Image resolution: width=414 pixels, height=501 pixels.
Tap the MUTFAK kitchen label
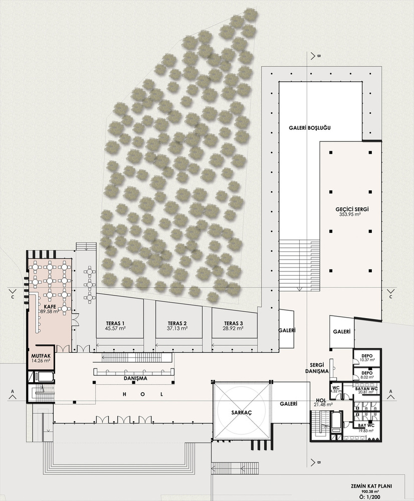(41, 356)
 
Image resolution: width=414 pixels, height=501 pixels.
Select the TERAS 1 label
(115, 323)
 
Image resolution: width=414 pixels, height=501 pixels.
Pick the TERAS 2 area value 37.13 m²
(177, 328)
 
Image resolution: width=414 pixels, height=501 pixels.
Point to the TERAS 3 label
(234, 323)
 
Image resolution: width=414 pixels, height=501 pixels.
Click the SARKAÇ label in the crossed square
(242, 412)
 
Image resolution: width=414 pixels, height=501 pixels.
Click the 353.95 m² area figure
(350, 215)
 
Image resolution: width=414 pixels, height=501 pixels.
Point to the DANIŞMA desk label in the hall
(135, 378)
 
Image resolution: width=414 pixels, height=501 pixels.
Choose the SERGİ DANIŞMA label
(319, 368)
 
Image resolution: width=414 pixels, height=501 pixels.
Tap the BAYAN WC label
(366, 389)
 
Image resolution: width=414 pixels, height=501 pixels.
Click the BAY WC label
(366, 426)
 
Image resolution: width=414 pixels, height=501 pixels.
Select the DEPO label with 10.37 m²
(367, 356)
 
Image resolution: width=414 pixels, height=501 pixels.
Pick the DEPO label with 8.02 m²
(367, 373)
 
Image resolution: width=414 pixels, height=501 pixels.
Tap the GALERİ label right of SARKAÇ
(288, 404)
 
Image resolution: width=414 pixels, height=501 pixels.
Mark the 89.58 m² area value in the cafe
(50, 312)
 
